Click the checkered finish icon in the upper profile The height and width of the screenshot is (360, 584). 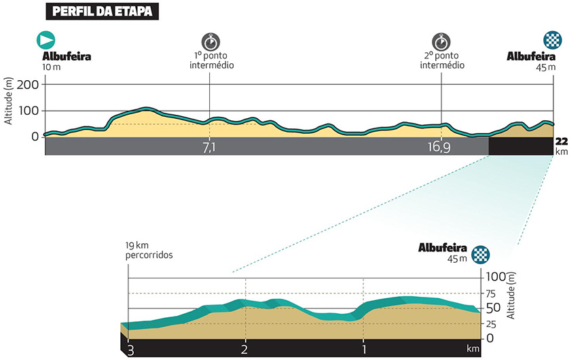[552, 39]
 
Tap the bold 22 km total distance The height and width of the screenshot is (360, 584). [562, 141]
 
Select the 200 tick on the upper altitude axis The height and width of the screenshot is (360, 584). [31, 84]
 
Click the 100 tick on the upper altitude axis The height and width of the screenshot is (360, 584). [31, 111]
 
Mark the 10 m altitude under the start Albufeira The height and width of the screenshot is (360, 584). [52, 67]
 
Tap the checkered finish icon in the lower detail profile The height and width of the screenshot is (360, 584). [480, 255]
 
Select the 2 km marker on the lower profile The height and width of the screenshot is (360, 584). [244, 349]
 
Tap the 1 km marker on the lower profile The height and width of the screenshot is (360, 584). [365, 349]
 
